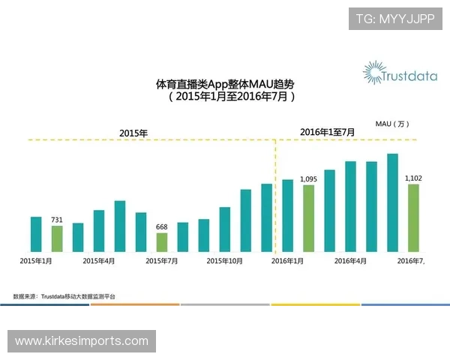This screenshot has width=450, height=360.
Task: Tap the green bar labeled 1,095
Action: tap(308, 217)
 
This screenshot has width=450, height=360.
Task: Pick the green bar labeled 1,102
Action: tap(413, 217)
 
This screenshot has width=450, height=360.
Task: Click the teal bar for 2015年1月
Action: tap(36, 234)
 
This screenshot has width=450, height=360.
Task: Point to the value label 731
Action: tap(57, 219)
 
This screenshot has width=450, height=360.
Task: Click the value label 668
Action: tap(161, 226)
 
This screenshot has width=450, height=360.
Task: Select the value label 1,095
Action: tap(308, 179)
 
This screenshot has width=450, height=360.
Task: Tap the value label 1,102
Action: tap(413, 178)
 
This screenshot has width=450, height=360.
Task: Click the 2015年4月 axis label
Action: tap(99, 261)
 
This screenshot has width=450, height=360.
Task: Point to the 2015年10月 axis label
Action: tap(224, 261)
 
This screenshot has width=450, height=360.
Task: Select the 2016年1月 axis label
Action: tap(287, 261)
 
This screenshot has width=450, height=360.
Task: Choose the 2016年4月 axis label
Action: tap(350, 261)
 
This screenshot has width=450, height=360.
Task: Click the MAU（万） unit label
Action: tap(392, 123)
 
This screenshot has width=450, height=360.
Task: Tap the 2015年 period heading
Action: tap(133, 133)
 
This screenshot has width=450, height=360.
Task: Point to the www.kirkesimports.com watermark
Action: tap(82, 341)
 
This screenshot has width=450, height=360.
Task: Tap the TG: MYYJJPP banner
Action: tap(395, 18)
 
